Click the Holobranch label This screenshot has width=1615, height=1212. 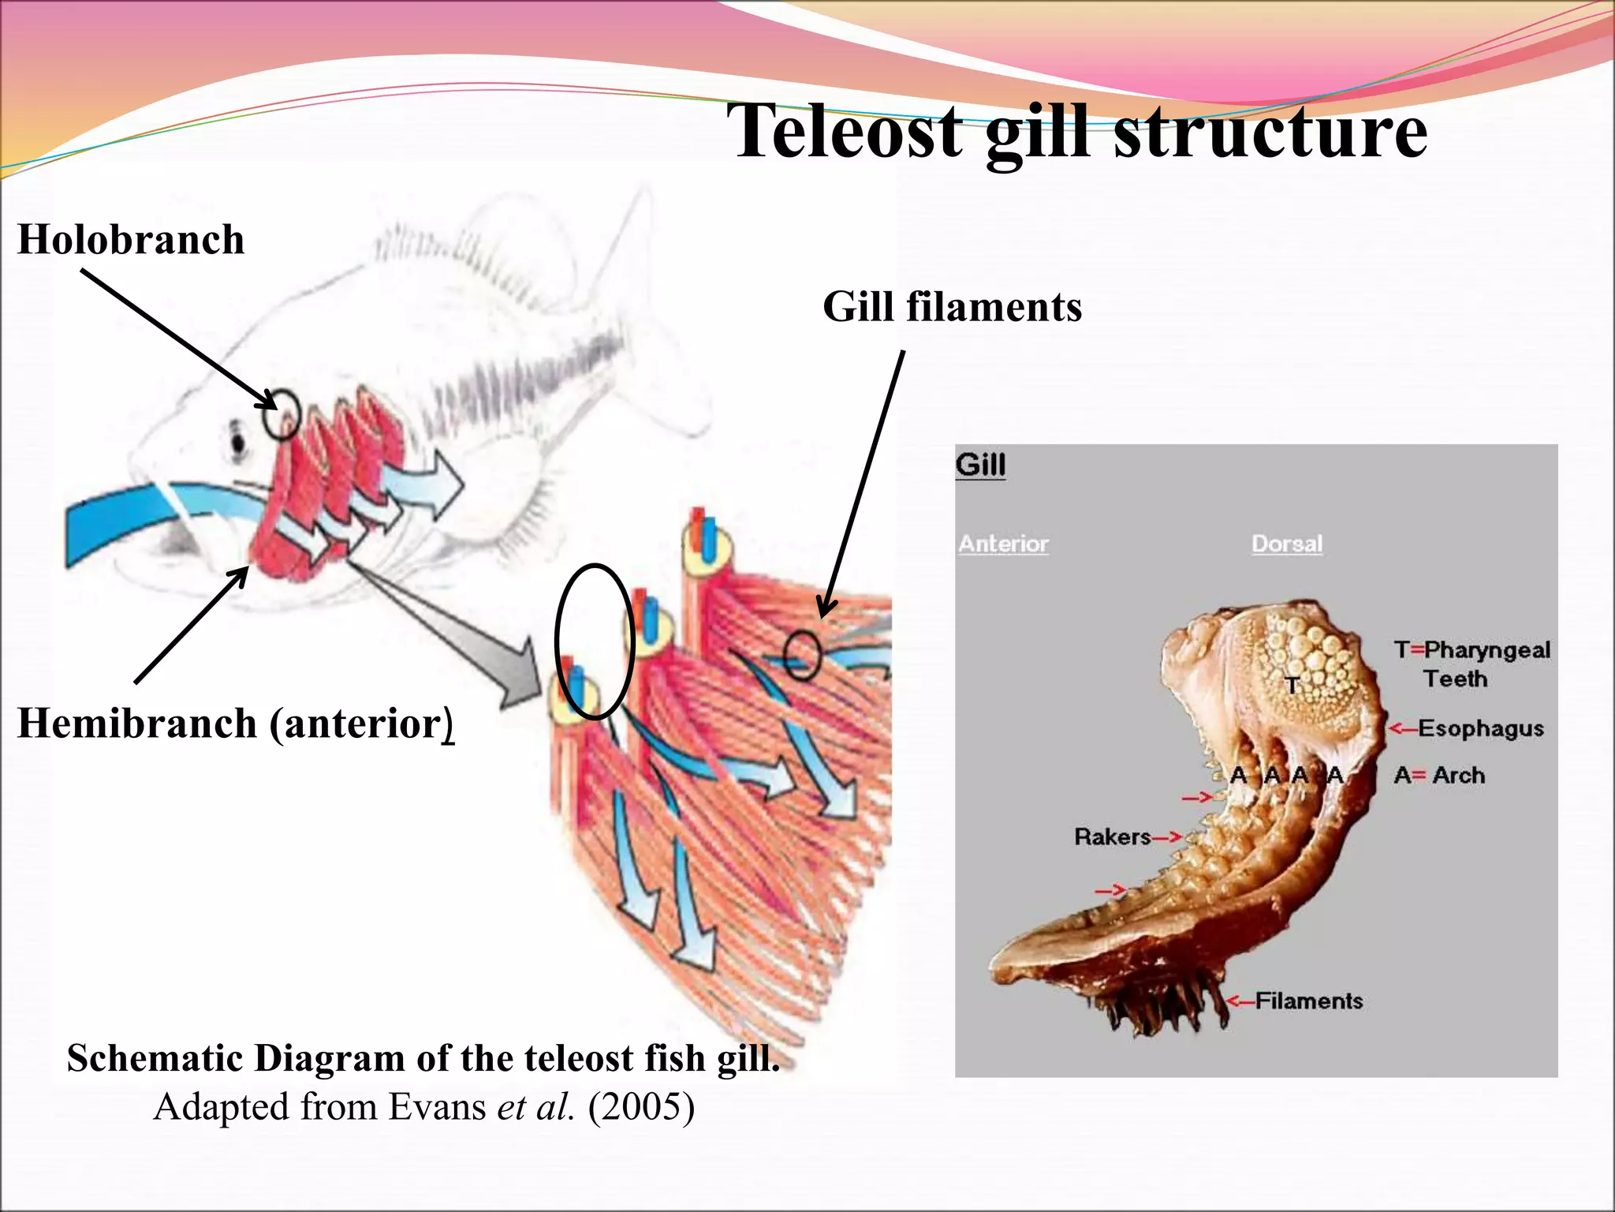(x=131, y=240)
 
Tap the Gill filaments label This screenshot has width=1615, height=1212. (x=952, y=307)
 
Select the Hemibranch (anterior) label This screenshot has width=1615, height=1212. (x=235, y=724)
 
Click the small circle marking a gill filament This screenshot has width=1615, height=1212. (x=803, y=655)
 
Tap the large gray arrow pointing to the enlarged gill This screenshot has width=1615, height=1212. (x=473, y=631)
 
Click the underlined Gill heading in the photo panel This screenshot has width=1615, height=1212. (x=980, y=465)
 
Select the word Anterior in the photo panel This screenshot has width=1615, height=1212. (x=1003, y=544)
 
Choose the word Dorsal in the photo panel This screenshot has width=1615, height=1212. (x=1287, y=544)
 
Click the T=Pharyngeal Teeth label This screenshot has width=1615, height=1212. (x=1471, y=664)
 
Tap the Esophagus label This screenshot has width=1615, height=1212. (x=1480, y=728)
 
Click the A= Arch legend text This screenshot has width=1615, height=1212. (x=1439, y=776)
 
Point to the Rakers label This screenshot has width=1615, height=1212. (x=1112, y=836)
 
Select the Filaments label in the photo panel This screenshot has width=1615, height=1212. (x=1309, y=1001)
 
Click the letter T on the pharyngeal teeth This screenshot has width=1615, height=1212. (x=1292, y=685)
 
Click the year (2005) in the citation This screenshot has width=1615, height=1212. (x=641, y=1107)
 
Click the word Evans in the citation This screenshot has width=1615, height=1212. (x=438, y=1107)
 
